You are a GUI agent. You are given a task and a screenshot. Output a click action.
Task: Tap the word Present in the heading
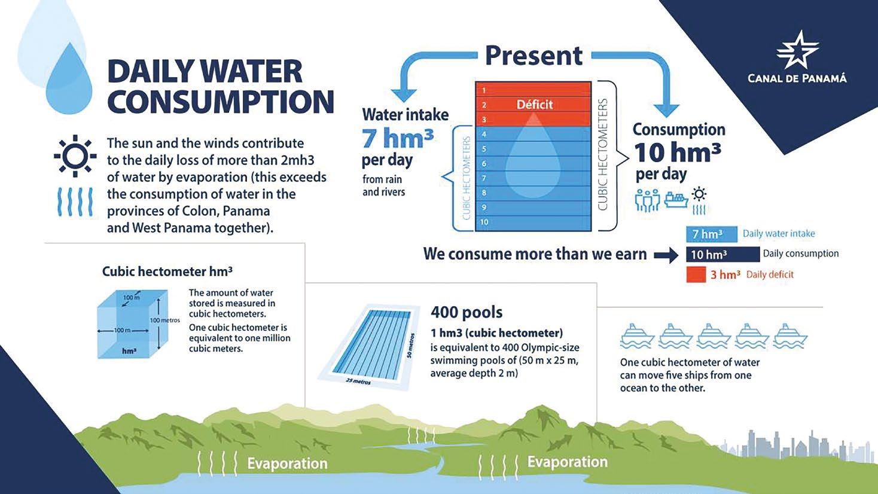tap(534, 56)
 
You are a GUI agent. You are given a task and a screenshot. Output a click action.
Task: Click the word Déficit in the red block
tap(535, 105)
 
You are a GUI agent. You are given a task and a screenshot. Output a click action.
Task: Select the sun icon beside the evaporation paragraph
tap(75, 155)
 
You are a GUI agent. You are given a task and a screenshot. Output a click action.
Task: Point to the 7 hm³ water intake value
tap(398, 138)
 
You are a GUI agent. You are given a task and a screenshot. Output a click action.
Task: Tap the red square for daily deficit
tap(696, 275)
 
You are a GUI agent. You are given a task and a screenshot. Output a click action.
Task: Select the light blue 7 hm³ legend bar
tap(711, 234)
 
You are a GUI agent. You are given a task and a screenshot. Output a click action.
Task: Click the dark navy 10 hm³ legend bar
tap(722, 254)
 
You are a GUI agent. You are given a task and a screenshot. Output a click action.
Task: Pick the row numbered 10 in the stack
tap(533, 222)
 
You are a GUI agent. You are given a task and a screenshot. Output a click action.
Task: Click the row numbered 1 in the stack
tap(533, 89)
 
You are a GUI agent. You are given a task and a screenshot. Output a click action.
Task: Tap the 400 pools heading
tap(467, 312)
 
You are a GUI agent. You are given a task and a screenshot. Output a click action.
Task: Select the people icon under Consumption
tap(647, 200)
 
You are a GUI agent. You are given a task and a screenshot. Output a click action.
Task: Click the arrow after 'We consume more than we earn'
tap(666, 255)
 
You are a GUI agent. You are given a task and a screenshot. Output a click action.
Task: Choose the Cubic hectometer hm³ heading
tap(167, 272)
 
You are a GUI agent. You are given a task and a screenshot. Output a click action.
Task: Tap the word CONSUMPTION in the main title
tap(221, 101)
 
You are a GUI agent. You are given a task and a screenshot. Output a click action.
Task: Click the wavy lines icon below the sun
tap(75, 202)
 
